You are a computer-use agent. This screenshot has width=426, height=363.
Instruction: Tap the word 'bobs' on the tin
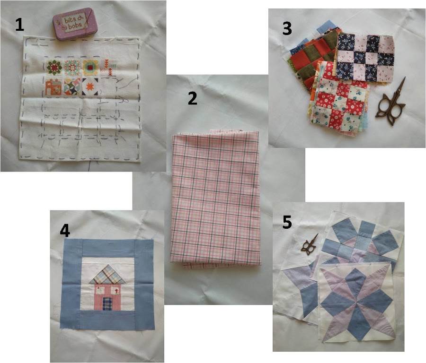[x=75, y=26]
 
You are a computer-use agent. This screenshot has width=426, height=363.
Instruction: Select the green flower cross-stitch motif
[x=54, y=68]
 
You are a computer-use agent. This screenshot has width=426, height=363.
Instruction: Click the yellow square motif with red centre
[x=90, y=68]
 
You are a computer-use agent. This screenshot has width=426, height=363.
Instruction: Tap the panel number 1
[x=19, y=25]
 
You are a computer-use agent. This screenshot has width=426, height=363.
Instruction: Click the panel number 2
[x=192, y=98]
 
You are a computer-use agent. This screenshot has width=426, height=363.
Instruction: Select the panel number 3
[x=287, y=28]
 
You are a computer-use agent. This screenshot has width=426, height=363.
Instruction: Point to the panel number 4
[x=65, y=231]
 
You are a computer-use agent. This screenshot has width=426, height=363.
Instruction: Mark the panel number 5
[x=287, y=222]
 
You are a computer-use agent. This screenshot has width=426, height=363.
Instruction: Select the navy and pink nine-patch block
[x=364, y=58]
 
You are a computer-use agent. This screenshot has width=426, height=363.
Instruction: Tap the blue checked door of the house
[x=107, y=303]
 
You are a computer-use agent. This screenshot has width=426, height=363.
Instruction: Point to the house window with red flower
[x=116, y=291]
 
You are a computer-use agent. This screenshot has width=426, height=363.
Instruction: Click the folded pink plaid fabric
[x=215, y=199]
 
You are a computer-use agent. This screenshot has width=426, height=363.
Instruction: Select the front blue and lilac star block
[x=357, y=301]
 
